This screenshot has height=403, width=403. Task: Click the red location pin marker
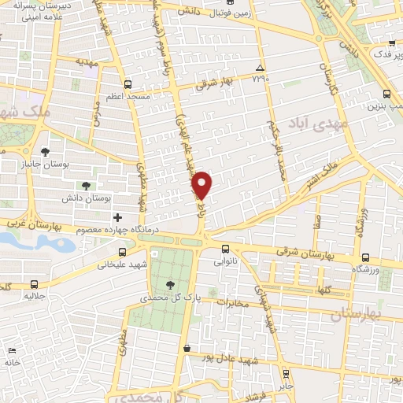click(203, 184)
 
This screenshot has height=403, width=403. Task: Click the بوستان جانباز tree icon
click(46, 150)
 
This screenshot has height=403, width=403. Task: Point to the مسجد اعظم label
click(128, 97)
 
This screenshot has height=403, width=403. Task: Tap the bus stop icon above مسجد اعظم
click(128, 83)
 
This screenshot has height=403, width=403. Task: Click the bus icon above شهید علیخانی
click(121, 252)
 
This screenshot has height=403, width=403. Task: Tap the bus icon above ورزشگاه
click(364, 257)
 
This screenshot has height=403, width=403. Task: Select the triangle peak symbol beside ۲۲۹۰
click(260, 68)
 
